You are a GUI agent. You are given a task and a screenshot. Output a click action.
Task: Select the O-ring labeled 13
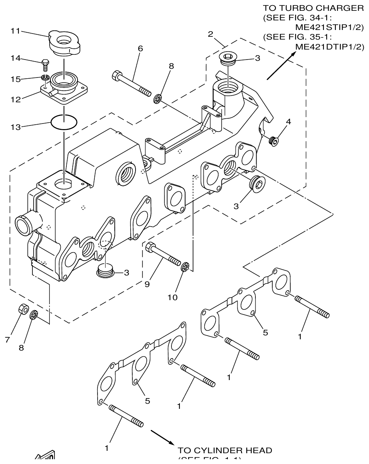[x=64, y=122]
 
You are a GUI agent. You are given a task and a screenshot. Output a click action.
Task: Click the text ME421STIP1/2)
[x=329, y=27]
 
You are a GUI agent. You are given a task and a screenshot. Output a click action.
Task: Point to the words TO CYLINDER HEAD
[x=225, y=450]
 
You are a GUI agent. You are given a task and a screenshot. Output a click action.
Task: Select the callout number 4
[x=288, y=122]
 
